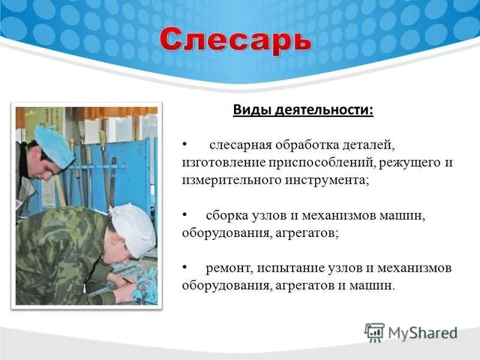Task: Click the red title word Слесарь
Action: pyautogui.click(x=236, y=41)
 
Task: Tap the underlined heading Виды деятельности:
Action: pyautogui.click(x=302, y=111)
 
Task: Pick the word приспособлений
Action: pyautogui.click(x=319, y=163)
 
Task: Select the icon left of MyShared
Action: pyautogui.click(x=374, y=332)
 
